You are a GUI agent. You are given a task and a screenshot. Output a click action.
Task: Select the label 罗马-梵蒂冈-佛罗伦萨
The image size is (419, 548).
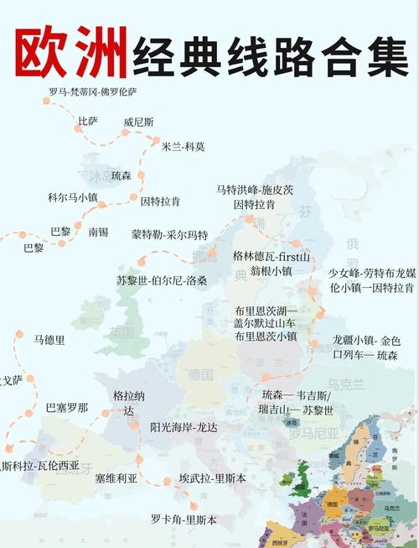[93, 91]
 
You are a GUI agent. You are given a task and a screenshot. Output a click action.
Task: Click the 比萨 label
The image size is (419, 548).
[87, 122]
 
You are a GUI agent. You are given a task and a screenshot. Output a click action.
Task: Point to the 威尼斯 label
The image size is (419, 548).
[138, 122]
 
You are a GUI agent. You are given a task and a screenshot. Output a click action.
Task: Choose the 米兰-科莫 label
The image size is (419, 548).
[183, 146]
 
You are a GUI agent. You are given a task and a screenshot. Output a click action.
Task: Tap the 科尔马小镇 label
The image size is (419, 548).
[73, 197]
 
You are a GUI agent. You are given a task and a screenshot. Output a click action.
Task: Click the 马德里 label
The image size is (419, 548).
[49, 340]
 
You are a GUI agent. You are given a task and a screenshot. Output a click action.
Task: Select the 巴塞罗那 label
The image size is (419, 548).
[66, 408]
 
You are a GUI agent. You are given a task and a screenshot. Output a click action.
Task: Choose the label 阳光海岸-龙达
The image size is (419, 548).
[184, 427]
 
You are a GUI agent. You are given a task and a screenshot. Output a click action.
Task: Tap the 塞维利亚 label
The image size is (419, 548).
[116, 478]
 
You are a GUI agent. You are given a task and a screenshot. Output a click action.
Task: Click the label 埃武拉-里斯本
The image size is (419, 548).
[212, 478]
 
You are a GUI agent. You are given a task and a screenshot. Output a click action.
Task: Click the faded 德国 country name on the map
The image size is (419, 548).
[200, 373]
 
